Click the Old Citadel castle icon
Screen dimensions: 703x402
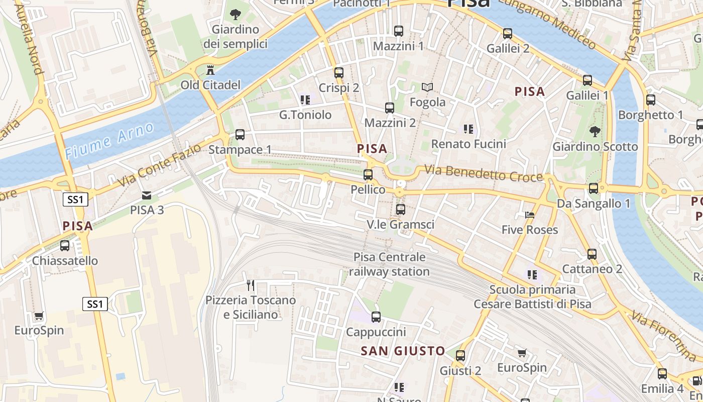coord(210,70)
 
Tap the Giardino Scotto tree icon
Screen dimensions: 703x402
coord(595,132)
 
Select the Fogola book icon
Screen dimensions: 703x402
coord(427,87)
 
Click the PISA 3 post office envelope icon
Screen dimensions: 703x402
coord(147,195)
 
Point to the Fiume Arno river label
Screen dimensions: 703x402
coord(109,141)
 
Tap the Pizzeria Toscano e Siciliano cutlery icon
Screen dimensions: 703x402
coord(251,285)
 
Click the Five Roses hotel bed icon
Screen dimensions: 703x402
coord(529,215)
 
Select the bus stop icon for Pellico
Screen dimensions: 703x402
coord(368,175)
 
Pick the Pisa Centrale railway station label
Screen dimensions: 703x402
coord(390,264)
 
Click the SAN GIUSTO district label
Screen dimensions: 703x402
coord(403,351)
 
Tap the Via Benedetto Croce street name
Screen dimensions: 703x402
coord(484,173)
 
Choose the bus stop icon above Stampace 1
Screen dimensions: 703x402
coord(240,135)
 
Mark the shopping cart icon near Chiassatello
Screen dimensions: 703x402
coord(39,316)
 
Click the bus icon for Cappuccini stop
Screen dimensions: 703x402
coord(376,317)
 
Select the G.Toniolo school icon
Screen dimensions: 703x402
coord(305,100)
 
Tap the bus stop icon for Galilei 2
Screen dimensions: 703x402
coord(508,34)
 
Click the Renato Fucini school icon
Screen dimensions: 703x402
coord(468,129)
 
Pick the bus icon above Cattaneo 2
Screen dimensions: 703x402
coord(592,254)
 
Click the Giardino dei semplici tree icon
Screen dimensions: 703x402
coord(235,15)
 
